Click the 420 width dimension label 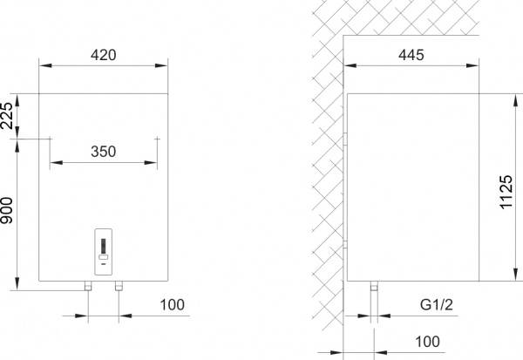[x=104, y=54]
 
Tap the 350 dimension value [x=104, y=151]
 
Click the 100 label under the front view [x=173, y=304]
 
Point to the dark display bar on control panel [x=104, y=246]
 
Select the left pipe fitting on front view [x=88, y=286]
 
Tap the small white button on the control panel [x=104, y=257]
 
